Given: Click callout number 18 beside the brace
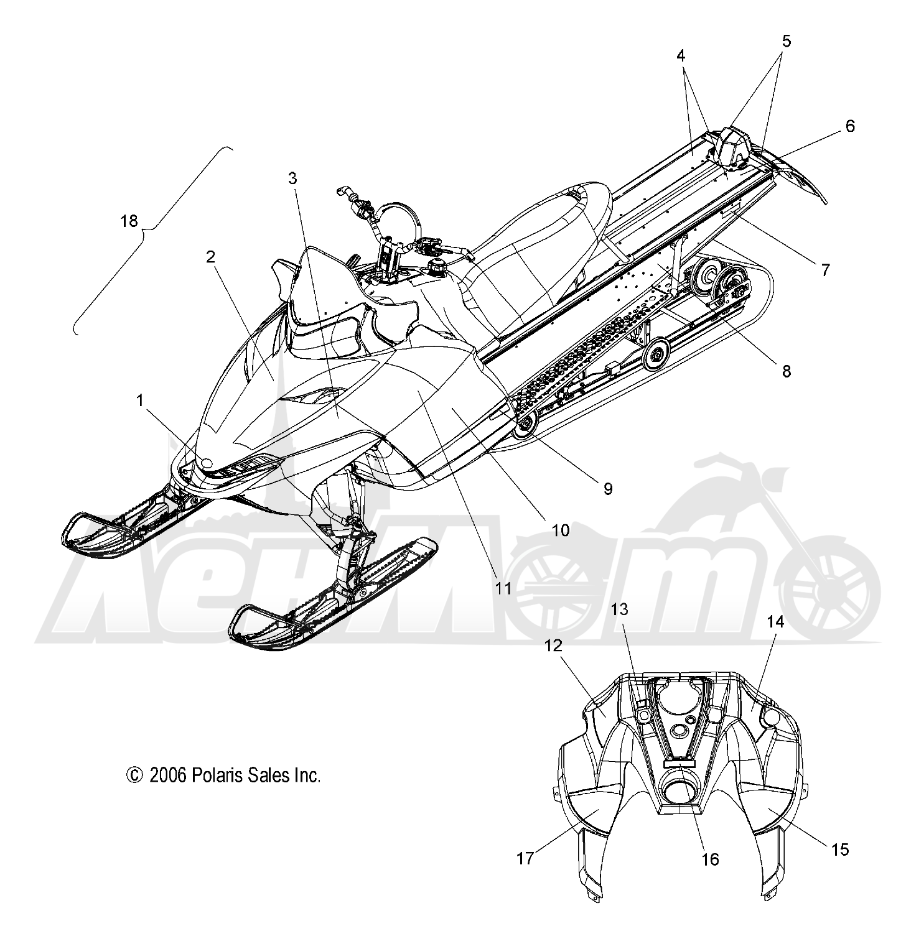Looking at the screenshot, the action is point(129,221).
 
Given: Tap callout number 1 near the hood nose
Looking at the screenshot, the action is point(141,401).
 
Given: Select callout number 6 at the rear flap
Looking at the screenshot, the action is point(849,126).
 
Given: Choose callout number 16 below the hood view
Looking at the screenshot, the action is point(710,859).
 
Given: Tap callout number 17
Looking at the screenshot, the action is point(525,859).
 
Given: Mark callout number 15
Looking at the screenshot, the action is point(840,849).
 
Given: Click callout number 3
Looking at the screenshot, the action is point(292,178).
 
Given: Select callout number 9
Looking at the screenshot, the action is point(608,489).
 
